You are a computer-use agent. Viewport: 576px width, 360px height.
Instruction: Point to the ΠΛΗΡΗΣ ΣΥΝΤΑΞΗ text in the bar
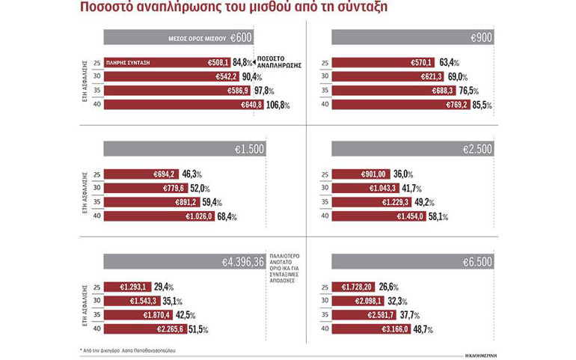point(130,64)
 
